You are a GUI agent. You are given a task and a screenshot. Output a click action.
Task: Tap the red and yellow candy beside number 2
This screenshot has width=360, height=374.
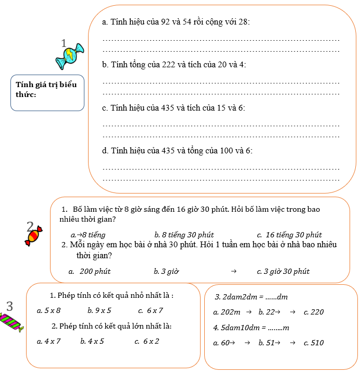(33, 235)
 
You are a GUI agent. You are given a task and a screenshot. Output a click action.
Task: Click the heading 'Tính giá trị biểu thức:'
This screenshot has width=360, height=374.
(46, 89)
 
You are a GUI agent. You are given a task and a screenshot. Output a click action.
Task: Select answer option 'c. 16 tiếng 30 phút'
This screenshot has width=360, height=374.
(290, 235)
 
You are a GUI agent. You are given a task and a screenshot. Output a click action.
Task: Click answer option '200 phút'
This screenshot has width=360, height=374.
(95, 271)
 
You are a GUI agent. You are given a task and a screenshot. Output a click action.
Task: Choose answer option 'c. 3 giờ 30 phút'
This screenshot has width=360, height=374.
(283, 271)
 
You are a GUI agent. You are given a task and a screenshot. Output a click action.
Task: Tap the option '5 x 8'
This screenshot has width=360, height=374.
(52, 310)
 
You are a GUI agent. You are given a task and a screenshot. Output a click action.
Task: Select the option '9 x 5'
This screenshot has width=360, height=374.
(102, 310)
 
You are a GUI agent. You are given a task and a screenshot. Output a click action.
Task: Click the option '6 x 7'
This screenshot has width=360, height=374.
(155, 310)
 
